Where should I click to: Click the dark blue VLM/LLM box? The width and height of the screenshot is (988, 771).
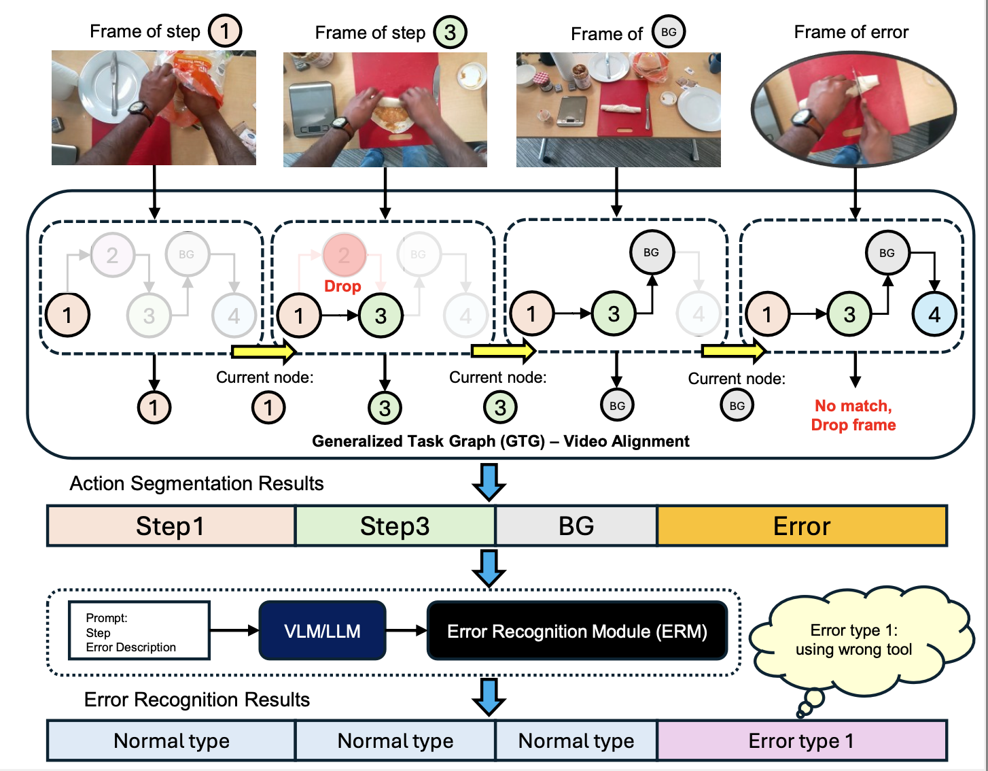[322, 631]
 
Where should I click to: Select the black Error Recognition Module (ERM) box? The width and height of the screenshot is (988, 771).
[577, 631]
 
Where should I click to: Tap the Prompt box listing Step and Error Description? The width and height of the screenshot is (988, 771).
[139, 631]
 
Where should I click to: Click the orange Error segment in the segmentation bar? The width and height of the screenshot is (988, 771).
[802, 526]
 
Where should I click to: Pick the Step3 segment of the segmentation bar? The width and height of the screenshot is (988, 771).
[395, 526]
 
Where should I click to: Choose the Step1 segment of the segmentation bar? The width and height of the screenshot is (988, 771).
[171, 526]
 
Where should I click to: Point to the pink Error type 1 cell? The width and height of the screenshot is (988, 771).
[802, 740]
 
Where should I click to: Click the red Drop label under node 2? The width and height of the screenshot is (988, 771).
[342, 286]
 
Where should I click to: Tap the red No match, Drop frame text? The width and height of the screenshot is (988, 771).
[853, 415]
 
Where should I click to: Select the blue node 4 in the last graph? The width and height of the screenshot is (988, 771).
[934, 314]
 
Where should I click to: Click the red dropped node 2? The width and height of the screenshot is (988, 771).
[344, 255]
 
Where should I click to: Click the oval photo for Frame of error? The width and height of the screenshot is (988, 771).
[853, 109]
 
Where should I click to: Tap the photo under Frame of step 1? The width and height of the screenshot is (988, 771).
[154, 107]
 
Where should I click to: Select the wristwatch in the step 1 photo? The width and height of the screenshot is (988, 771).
[140, 109]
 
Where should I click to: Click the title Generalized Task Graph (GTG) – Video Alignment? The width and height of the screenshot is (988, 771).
[501, 441]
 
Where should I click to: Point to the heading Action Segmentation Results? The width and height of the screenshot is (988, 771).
[196, 483]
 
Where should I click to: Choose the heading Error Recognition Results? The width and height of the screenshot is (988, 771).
[196, 700]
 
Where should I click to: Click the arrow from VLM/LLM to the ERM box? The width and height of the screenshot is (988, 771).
[406, 631]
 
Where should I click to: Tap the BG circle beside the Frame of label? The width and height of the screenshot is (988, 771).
[669, 32]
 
